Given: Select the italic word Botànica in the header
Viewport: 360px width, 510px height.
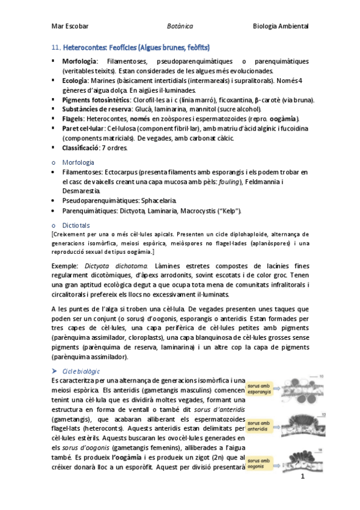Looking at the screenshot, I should coord(180,26).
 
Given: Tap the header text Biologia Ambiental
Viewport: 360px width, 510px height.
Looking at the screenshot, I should coord(281,26).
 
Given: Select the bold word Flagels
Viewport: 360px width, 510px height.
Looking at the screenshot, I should coord(73,119).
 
